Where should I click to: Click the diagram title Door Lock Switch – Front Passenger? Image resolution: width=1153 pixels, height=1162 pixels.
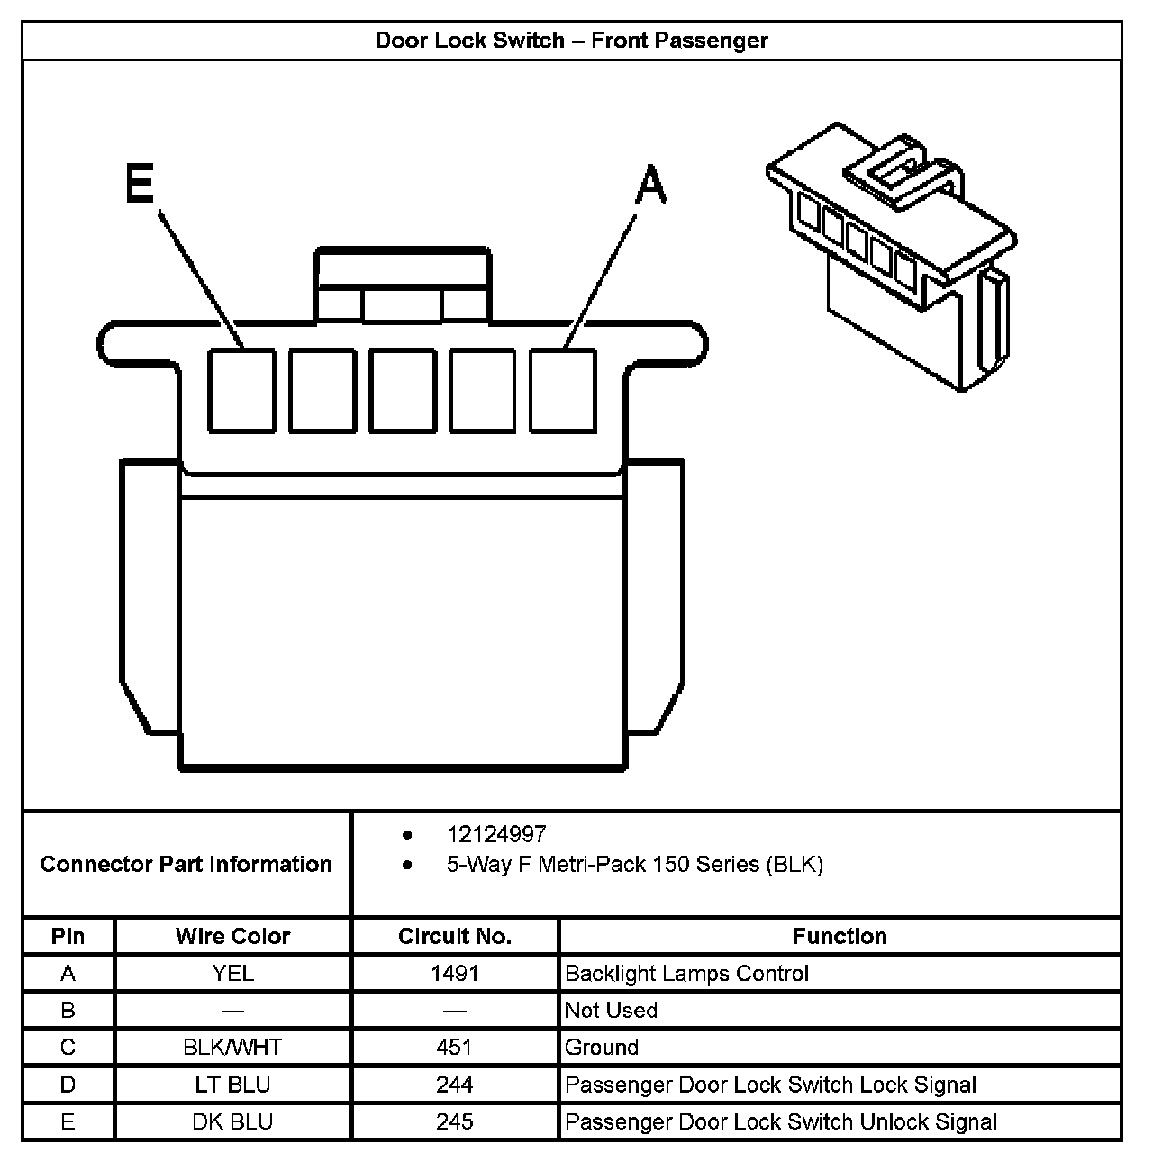click(x=571, y=41)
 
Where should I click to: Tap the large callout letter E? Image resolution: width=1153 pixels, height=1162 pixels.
click(x=140, y=186)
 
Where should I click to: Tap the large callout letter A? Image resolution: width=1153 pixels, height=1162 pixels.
click(x=650, y=186)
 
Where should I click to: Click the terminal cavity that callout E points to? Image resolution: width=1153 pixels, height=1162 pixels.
click(x=241, y=390)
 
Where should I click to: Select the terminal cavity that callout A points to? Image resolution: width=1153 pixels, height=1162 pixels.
click(x=563, y=390)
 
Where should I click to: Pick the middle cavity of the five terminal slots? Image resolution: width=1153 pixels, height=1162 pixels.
click(x=403, y=390)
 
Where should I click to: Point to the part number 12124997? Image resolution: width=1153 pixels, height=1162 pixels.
click(x=496, y=834)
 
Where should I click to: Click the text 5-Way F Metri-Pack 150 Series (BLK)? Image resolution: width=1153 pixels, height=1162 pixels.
click(x=634, y=865)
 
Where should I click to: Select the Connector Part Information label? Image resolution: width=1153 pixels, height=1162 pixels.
click(x=186, y=864)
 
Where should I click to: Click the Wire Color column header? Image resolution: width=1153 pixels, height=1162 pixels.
click(x=232, y=936)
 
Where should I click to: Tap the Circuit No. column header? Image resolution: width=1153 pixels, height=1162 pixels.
click(x=455, y=936)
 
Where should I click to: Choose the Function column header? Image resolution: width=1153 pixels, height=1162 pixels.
click(x=840, y=936)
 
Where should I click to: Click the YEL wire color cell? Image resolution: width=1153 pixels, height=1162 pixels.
click(x=232, y=974)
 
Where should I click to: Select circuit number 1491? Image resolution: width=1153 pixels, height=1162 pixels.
click(x=455, y=974)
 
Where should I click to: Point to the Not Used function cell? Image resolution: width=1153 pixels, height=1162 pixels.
click(x=611, y=1011)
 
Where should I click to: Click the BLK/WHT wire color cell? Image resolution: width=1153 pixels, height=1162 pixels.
click(x=232, y=1048)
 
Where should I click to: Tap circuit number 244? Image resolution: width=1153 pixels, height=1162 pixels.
click(x=455, y=1085)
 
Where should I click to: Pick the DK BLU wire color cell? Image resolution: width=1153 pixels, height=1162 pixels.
click(x=232, y=1121)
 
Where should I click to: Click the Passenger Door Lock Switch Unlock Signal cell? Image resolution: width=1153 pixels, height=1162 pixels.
click(x=780, y=1121)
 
